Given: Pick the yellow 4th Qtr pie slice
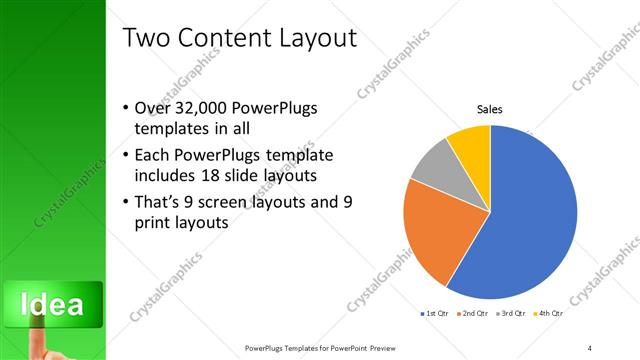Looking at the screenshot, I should click(x=471, y=145).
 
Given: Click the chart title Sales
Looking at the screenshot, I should click(x=489, y=109).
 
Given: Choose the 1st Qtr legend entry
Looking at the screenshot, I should click(x=434, y=315).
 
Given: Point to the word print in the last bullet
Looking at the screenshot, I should click(x=152, y=223).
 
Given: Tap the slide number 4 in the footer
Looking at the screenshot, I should click(x=590, y=347).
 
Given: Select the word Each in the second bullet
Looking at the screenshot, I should click(x=152, y=156).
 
